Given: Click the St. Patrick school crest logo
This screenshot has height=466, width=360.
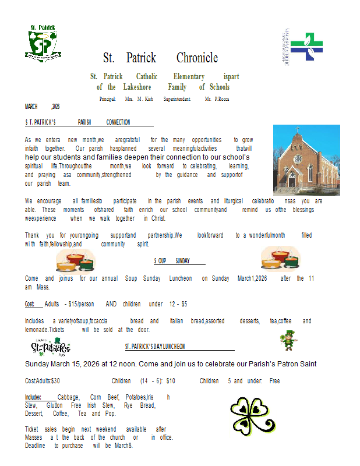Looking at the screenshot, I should pos(43,43).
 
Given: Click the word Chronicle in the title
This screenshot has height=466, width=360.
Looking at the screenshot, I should pos(197,58).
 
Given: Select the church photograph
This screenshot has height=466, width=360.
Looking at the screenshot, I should pos(306,160).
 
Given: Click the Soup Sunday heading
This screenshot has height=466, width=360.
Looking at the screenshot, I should pos(172,261).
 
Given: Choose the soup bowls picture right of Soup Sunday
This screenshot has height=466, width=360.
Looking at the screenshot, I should pos(280,258).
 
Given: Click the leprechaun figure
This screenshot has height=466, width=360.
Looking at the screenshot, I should pos(287,340).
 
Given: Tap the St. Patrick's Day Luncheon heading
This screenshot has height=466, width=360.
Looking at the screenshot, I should pos(155,347).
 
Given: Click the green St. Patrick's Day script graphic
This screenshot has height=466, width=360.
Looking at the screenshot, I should pos(51,348).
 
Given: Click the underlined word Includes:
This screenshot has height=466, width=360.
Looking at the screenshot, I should pos(33,397).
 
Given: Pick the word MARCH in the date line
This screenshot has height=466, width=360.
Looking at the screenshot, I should pos(31,107).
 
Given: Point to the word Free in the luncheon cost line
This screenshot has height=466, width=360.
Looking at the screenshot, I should pos(274,381).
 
